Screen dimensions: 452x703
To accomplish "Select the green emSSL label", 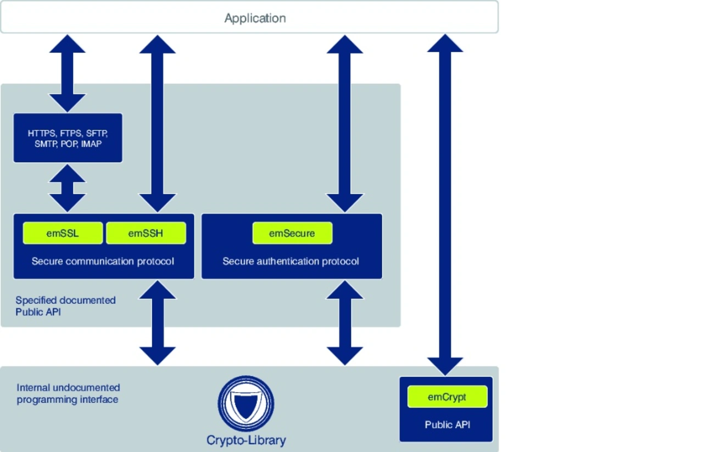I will (63, 233).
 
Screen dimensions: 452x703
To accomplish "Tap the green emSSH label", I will (146, 233).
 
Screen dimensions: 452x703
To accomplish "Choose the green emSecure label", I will (292, 233).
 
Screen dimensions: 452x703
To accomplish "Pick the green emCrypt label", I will (447, 397).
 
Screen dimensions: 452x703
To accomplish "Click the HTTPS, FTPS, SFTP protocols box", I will (68, 138).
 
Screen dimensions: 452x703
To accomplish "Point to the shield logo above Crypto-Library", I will (246, 404).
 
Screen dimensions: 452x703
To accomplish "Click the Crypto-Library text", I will (246, 440).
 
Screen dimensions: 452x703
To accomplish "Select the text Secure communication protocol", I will (103, 261).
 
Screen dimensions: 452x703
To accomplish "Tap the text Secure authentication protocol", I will (291, 261).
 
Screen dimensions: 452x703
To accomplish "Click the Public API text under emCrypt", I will (447, 425).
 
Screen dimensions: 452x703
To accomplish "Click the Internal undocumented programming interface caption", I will (68, 394).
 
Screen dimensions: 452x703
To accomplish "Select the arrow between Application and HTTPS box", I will (68, 73).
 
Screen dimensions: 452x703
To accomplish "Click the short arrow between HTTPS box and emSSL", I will (68, 188).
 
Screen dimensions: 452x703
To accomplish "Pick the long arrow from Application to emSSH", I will (158, 123).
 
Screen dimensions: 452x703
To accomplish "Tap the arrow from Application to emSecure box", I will (345, 123).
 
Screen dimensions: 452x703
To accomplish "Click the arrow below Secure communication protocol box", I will (158, 323).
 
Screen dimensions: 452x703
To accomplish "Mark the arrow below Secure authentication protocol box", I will (345, 323).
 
